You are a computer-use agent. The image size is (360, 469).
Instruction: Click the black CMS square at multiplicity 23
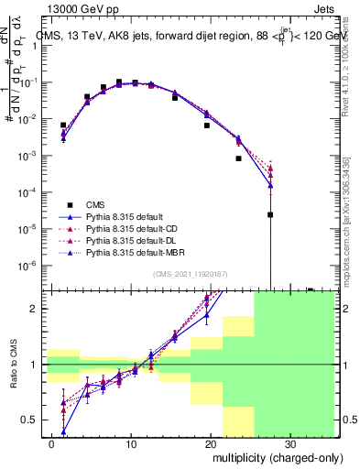pos(238,158)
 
